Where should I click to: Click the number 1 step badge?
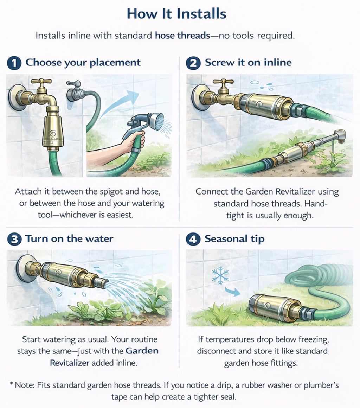14,63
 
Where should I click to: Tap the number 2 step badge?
193,63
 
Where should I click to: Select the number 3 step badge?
14,240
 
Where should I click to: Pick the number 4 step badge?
193,240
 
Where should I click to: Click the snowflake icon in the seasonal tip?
220,275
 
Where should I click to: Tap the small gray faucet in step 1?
75,91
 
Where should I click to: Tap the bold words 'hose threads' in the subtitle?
182,36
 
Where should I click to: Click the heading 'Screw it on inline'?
248,63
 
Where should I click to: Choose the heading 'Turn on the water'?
69,238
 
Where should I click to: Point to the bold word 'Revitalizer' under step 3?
70,363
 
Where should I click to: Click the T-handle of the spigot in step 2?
223,82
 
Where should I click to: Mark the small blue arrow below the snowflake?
232,292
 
